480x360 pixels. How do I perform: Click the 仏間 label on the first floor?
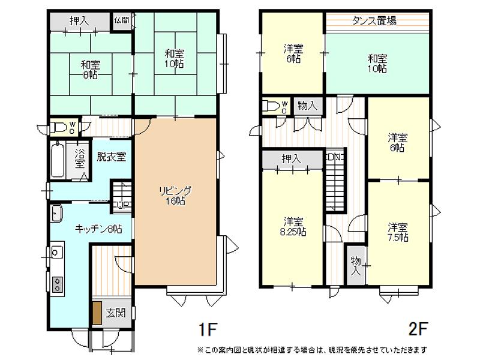tap(122, 20)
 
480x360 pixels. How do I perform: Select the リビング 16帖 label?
tap(175, 196)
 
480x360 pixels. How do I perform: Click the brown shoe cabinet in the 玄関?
tap(97, 313)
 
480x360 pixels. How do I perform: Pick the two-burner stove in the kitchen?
tap(57, 284)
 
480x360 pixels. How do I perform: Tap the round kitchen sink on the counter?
tap(57, 252)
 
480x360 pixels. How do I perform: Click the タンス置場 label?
tap(374, 21)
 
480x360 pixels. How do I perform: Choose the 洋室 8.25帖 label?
tap(293, 226)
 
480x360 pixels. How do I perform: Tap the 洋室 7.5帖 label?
tap(398, 232)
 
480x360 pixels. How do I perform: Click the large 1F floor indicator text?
tap(208, 329)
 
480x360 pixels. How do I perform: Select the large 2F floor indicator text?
tap(418, 329)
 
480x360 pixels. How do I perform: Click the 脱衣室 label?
tap(111, 157)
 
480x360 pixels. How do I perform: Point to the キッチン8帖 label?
tap(98, 229)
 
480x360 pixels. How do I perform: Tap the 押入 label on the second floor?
tap(291, 158)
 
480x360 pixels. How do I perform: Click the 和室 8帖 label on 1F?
tap(91, 70)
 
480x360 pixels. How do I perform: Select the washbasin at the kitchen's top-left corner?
tap(57, 212)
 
